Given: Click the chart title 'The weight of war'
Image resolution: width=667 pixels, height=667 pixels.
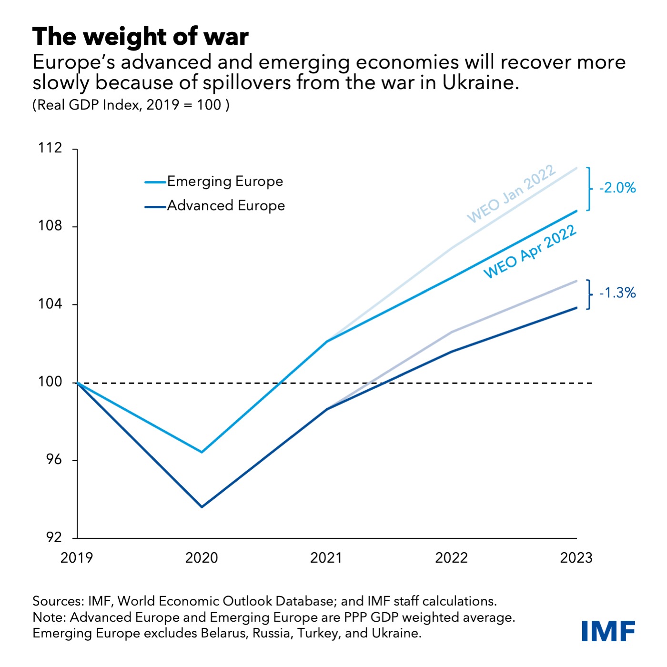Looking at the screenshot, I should (x=141, y=37).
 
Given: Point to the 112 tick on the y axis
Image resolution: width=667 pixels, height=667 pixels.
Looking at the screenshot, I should (x=51, y=148).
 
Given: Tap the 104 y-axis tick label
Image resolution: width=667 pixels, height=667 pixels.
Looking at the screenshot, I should (x=51, y=304).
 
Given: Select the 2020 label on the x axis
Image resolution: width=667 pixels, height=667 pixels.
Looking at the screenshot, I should (x=202, y=558).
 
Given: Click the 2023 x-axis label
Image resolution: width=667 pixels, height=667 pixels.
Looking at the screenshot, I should (x=576, y=558).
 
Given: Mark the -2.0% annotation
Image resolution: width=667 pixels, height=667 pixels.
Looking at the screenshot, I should (x=617, y=188).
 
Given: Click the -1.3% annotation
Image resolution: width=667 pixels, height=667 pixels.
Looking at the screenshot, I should (x=617, y=293).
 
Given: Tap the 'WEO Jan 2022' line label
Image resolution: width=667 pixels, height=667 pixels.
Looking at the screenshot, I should (x=511, y=194).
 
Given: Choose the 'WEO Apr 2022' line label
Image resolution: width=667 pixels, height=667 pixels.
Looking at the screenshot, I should (x=530, y=252).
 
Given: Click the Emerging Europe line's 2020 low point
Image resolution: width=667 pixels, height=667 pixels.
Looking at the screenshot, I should (x=202, y=452).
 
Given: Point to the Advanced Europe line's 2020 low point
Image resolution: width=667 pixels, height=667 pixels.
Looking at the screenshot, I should (x=202, y=507).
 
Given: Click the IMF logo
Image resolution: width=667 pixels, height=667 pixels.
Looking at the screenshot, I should (x=608, y=631).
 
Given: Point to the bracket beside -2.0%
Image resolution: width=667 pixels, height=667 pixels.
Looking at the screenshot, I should (x=589, y=189).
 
